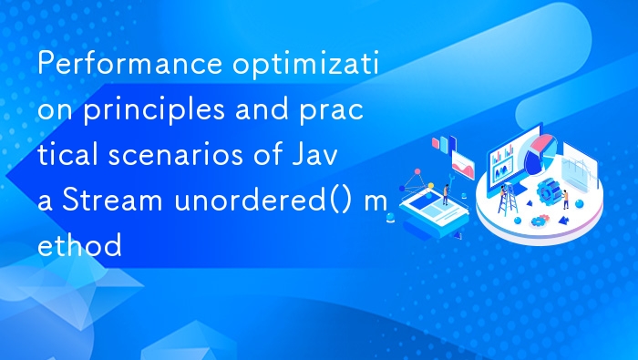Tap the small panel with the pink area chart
click(463, 165)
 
